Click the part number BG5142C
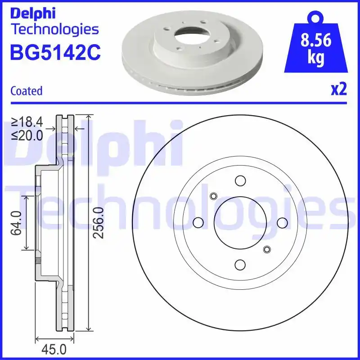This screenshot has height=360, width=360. (x=55, y=52)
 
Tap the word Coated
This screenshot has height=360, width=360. (x=26, y=91)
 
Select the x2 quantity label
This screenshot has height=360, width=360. (x=339, y=90)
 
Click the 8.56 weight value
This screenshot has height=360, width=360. (x=316, y=41)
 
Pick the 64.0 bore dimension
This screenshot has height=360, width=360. (x=17, y=223)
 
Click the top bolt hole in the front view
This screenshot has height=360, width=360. (x=240, y=181)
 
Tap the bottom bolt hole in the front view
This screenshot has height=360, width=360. (x=240, y=265)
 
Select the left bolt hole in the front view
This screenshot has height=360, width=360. (x=198, y=223)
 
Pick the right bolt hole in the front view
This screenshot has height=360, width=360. (x=282, y=223)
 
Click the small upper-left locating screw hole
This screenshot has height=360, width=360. (x=213, y=196)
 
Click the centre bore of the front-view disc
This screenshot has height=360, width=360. (x=240, y=223)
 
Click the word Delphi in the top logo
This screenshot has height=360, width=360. (x=32, y=13)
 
